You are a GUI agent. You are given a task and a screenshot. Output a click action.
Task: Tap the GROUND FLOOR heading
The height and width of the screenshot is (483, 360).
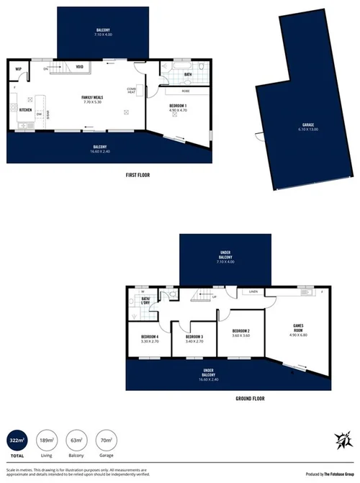click(x=251, y=398)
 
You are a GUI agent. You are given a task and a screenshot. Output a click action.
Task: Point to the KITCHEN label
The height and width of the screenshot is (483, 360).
click(x=26, y=110)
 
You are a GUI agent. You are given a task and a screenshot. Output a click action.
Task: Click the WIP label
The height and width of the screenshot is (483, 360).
click(x=19, y=69)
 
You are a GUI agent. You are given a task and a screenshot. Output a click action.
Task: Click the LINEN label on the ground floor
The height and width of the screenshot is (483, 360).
click(x=253, y=291)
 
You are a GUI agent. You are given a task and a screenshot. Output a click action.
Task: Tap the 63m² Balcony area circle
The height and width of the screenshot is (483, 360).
click(x=76, y=440)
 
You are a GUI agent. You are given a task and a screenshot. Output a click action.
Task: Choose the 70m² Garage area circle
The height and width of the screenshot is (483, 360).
click(x=106, y=440)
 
